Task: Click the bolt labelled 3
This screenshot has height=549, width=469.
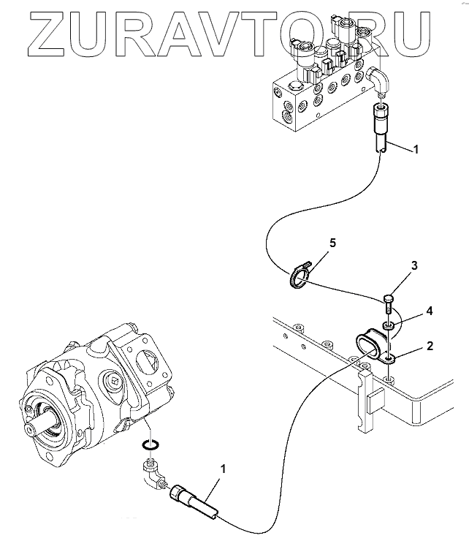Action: click(x=388, y=300)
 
